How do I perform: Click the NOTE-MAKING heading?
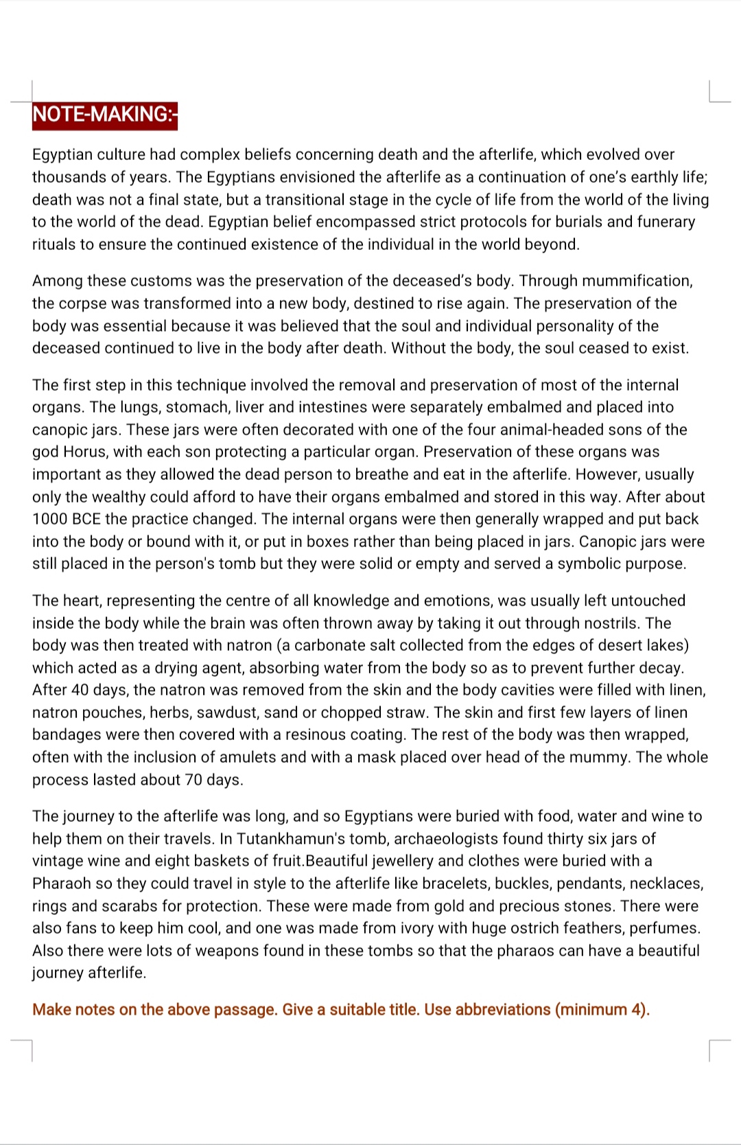point(104,115)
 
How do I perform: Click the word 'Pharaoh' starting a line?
point(60,883)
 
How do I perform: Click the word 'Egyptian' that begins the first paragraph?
point(62,154)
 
